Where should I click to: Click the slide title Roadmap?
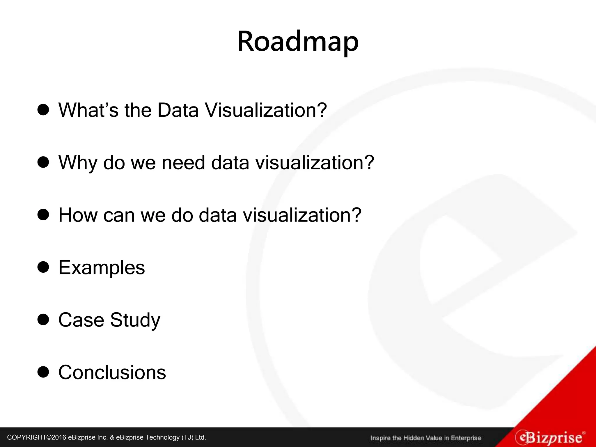[298, 42]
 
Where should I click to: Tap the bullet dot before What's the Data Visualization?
[43, 110]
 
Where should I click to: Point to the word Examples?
[102, 267]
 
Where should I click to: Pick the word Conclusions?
[112, 372]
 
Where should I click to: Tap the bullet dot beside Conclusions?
[43, 372]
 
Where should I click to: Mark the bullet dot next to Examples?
[43, 267]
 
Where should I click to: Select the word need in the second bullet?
[183, 162]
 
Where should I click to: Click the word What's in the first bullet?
[88, 110]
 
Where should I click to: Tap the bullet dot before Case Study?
[43, 320]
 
